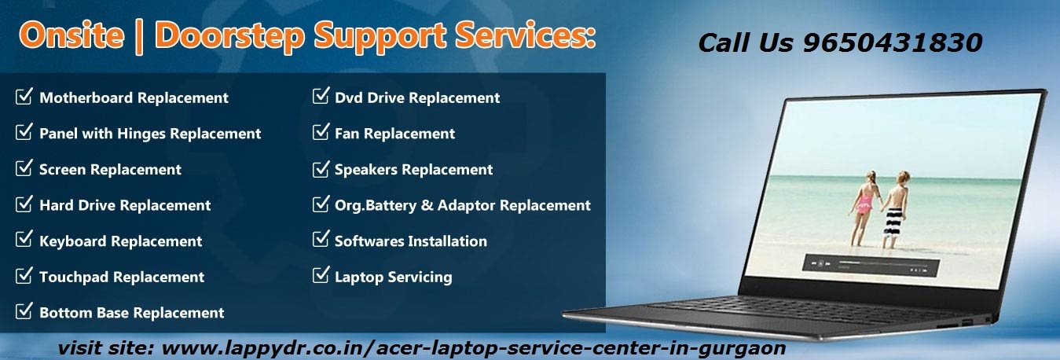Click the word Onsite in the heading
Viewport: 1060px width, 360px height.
click(x=72, y=36)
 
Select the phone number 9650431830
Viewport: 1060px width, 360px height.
click(x=893, y=42)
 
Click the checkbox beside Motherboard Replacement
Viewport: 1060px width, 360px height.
click(x=24, y=96)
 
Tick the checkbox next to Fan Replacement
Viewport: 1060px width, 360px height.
click(x=321, y=131)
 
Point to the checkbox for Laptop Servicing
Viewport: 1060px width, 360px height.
click(x=321, y=275)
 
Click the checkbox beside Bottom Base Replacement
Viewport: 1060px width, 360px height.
click(x=24, y=310)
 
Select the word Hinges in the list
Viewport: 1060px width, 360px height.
click(x=141, y=134)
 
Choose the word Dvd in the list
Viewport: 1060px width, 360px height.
click(x=349, y=98)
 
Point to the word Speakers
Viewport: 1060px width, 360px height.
click(x=366, y=169)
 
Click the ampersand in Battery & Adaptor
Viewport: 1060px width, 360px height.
click(x=427, y=205)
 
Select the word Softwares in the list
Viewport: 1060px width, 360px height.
click(x=369, y=241)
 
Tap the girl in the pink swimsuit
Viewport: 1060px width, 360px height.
click(x=865, y=208)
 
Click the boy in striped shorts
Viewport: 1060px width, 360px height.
click(x=895, y=210)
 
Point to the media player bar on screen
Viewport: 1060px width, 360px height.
click(x=870, y=265)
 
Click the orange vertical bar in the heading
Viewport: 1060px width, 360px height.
click(x=138, y=37)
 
